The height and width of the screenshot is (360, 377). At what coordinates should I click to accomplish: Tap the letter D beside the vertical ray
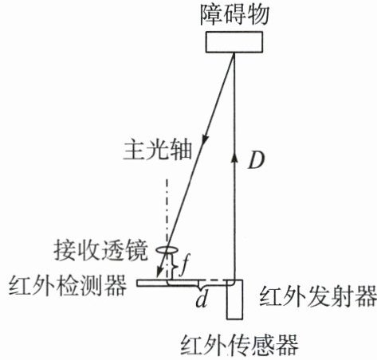[x=257, y=161]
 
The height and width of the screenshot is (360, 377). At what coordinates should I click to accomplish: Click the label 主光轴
[x=158, y=150]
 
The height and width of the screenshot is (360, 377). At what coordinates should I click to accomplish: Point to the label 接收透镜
[x=100, y=251]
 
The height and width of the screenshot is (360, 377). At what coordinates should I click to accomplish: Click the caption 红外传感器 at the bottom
[x=240, y=345]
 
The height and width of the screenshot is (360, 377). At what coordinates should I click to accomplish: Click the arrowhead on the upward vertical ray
[x=234, y=157]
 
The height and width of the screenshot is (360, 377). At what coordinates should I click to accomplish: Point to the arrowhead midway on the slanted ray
[x=205, y=140]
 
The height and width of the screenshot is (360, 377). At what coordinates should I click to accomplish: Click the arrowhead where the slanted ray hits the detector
[x=159, y=273]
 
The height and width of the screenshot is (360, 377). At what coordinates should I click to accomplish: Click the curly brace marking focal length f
[x=174, y=266]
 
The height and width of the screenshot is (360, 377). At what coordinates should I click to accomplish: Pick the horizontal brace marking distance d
[x=198, y=286]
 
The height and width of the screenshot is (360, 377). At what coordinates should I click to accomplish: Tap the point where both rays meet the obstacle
[x=234, y=53]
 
